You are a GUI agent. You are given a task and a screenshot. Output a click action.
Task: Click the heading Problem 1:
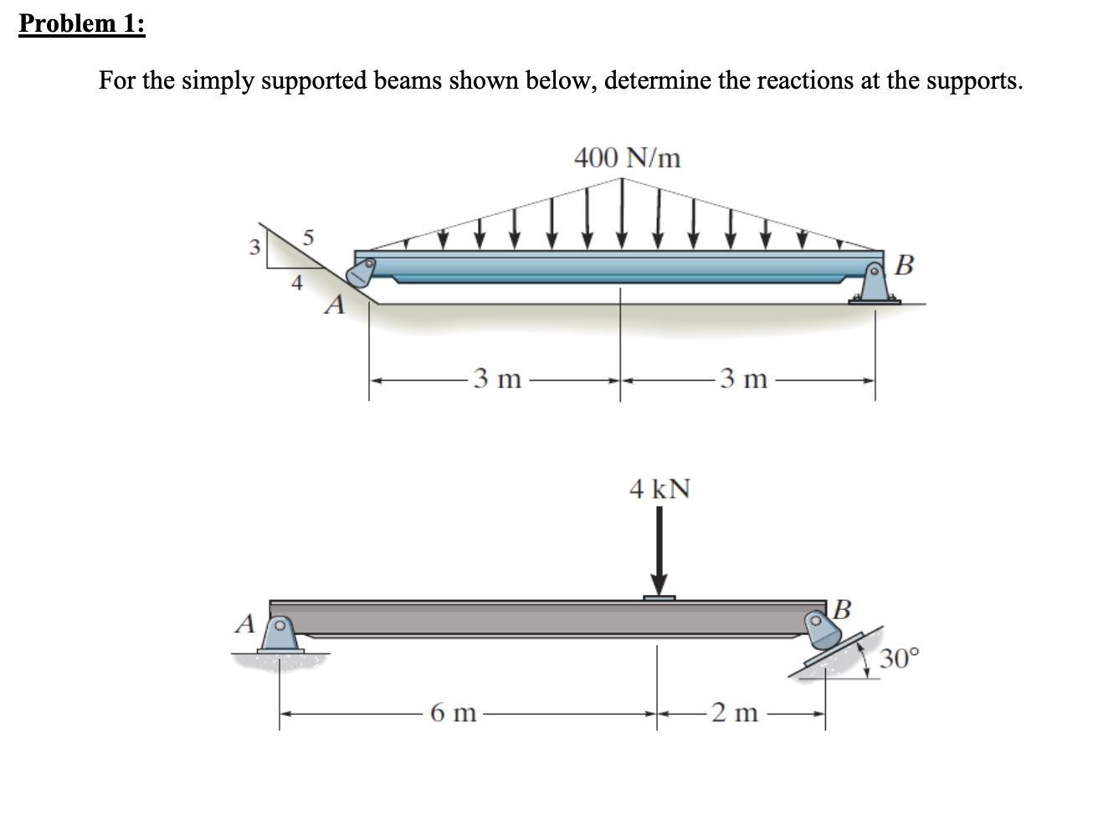(x=81, y=23)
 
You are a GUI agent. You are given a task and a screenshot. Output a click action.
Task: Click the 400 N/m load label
(x=627, y=156)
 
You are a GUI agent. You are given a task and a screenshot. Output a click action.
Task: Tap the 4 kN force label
(x=659, y=488)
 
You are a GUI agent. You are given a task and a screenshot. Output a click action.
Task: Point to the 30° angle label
(x=900, y=658)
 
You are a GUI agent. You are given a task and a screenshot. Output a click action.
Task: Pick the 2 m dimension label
(x=735, y=714)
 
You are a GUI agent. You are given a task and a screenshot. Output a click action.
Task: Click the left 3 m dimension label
(x=496, y=379)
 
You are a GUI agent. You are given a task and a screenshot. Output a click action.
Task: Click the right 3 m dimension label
(x=741, y=379)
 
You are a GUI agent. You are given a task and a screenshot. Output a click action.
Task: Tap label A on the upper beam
(x=336, y=305)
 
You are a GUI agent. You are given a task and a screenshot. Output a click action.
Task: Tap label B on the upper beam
(x=904, y=266)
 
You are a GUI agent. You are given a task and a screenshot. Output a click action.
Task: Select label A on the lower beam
(x=244, y=623)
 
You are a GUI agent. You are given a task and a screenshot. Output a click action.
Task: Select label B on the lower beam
(x=842, y=607)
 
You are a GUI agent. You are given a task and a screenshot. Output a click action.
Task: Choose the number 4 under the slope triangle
(x=295, y=284)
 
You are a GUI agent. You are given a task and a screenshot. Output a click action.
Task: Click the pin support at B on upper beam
(x=875, y=285)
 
